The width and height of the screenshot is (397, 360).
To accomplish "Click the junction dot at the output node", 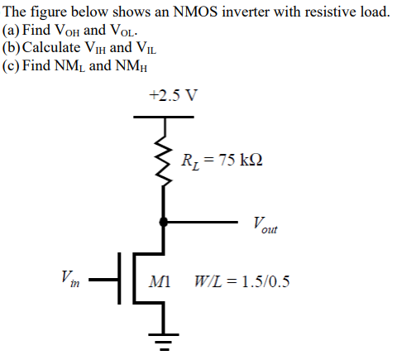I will pyautogui.click(x=163, y=223).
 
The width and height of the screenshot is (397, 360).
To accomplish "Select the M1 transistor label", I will pyautogui.click(x=159, y=281).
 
